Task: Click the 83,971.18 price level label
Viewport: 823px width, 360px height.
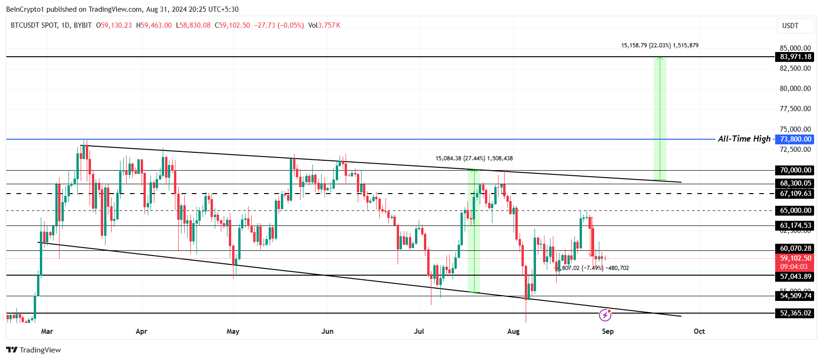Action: point(795,57)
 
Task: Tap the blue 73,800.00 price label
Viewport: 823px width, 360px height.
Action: point(795,139)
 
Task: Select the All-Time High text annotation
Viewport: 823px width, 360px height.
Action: point(744,139)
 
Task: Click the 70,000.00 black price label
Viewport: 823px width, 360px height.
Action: point(795,170)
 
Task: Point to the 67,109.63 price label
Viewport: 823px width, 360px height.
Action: point(795,194)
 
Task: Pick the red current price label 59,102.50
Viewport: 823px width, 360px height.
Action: point(795,258)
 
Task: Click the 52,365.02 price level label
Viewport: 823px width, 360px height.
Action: point(795,313)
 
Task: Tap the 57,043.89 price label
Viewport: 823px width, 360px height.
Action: point(795,277)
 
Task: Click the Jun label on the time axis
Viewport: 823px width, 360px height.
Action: point(327,331)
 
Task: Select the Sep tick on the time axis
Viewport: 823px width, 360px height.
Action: point(607,331)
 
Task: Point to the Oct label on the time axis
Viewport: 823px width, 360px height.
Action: point(699,331)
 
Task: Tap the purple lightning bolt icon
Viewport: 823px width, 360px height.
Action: point(605,315)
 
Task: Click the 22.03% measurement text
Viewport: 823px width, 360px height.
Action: point(660,45)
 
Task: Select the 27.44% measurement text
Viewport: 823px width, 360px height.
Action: point(474,158)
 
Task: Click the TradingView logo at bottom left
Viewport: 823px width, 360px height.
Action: point(34,350)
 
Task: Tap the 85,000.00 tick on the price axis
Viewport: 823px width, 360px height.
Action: point(795,48)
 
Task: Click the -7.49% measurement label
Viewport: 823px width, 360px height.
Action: point(592,268)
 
